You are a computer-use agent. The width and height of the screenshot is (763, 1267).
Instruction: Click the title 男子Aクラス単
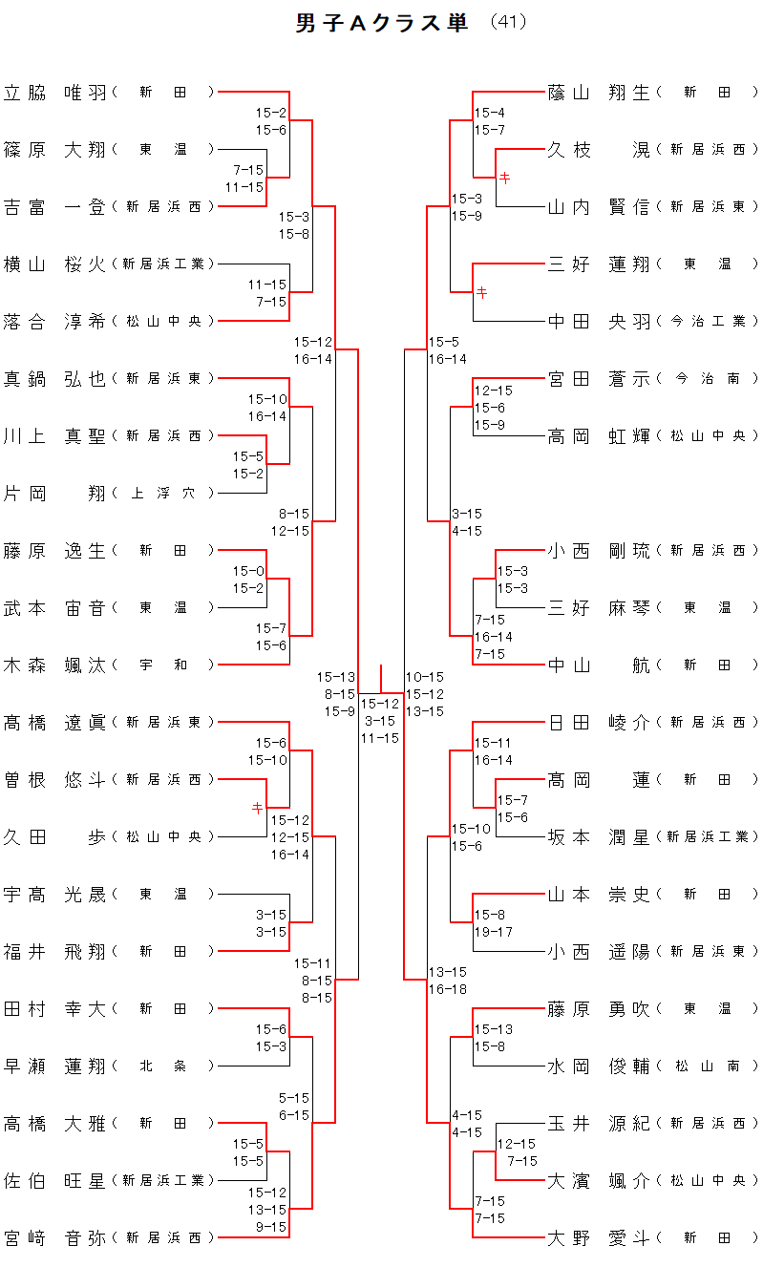pyautogui.click(x=382, y=24)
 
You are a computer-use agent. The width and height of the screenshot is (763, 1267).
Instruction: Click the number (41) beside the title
pyautogui.click(x=508, y=22)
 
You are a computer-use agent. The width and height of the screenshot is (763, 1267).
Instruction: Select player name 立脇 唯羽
pyautogui.click(x=55, y=93)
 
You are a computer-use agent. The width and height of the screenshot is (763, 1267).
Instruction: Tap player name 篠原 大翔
pyautogui.click(x=55, y=150)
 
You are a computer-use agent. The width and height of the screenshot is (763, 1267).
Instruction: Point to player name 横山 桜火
pyautogui.click(x=55, y=264)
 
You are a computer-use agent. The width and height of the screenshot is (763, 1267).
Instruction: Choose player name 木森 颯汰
pyautogui.click(x=55, y=665)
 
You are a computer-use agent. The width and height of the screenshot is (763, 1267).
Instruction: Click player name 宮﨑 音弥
pyautogui.click(x=55, y=1238)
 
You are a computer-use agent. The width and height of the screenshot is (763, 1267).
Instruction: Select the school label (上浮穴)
pyautogui.click(x=163, y=494)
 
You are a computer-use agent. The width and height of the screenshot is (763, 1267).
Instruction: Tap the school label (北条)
pyautogui.click(x=163, y=1066)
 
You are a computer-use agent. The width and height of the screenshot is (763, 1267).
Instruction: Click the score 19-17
pyautogui.click(x=494, y=932)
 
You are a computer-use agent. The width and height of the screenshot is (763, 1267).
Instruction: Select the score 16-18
pyautogui.click(x=447, y=989)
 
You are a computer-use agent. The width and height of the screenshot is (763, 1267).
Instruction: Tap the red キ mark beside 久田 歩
pyautogui.click(x=257, y=808)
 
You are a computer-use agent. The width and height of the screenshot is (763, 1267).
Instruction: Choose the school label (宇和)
pyautogui.click(x=163, y=665)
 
